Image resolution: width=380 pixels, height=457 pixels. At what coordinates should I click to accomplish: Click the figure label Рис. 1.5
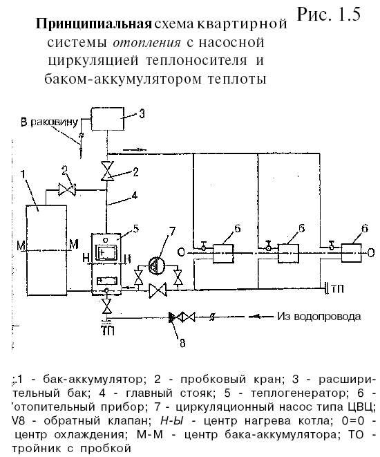[x=329, y=15]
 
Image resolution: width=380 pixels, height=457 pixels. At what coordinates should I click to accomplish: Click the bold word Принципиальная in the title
[x=94, y=24]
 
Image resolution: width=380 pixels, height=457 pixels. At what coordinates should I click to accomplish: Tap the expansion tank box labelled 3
[x=108, y=119]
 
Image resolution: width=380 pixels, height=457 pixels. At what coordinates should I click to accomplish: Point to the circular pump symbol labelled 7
[x=157, y=265]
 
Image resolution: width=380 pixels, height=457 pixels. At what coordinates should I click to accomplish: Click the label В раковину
[x=49, y=122]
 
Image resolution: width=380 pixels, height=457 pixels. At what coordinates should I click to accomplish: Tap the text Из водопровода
[x=319, y=316]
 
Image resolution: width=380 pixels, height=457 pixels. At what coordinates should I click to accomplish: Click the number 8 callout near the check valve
[x=182, y=344]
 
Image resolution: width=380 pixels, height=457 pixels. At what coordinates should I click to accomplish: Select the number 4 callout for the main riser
[x=134, y=195]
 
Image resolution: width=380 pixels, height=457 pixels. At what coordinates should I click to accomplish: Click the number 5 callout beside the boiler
[x=135, y=228]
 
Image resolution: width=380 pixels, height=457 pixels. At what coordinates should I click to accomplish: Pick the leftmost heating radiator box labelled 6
[x=223, y=254]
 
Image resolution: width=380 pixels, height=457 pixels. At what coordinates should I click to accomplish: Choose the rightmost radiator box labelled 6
[x=352, y=253]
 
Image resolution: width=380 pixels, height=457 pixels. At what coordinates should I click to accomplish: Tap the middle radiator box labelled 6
[x=288, y=254]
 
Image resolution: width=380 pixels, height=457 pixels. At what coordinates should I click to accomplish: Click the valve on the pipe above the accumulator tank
[x=67, y=189]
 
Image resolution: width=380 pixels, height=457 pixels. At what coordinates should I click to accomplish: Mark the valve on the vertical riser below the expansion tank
[x=108, y=171]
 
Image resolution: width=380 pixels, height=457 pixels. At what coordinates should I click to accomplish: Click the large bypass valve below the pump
[x=158, y=290]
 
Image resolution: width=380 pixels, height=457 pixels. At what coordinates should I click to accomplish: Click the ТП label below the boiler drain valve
[x=108, y=330]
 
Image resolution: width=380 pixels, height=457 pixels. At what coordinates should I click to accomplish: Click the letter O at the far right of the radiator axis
[x=371, y=252]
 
